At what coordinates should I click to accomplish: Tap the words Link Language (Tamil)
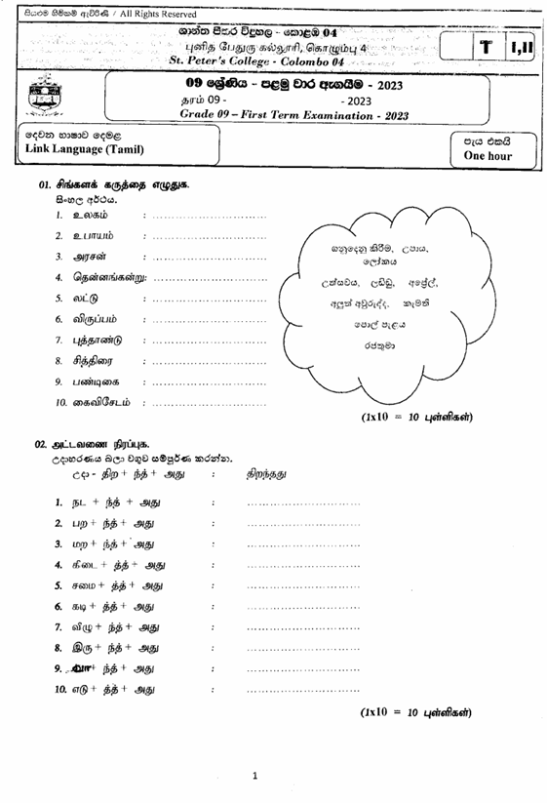pyautogui.click(x=84, y=149)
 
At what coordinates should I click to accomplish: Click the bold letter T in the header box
pyautogui.click(x=485, y=51)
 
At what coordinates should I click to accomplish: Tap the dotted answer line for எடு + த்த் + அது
pyautogui.click(x=303, y=690)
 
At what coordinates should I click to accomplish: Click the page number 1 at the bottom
pyautogui.click(x=255, y=778)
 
